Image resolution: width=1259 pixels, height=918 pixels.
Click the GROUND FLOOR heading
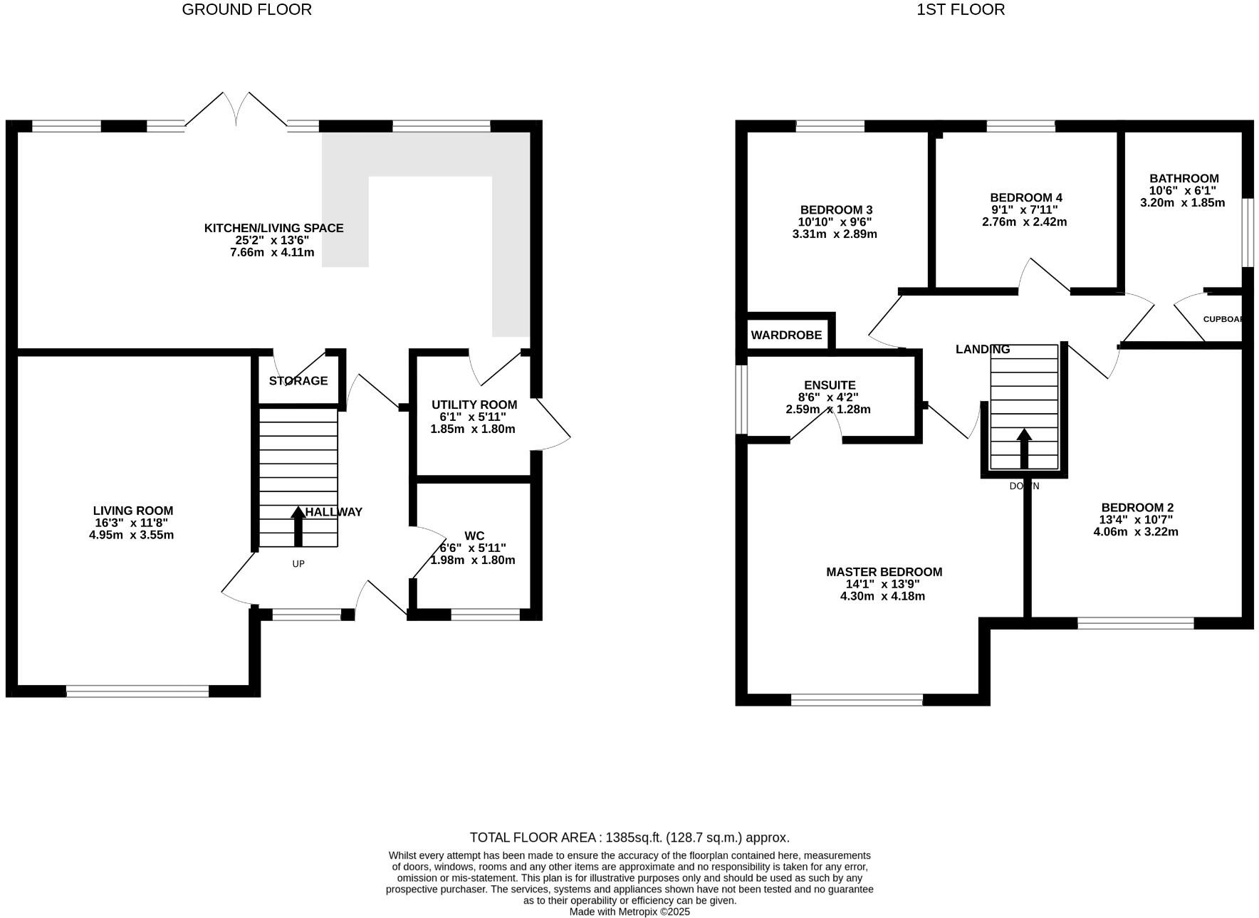click(246, 10)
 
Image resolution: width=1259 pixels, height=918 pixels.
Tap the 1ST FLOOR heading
click(960, 10)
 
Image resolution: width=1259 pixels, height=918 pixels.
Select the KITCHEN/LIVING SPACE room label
click(273, 228)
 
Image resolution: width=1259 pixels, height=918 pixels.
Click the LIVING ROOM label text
click(132, 511)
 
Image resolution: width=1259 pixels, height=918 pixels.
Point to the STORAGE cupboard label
click(298, 381)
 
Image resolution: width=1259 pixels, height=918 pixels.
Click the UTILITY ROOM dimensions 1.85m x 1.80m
click(472, 429)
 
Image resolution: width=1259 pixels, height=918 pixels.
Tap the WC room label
click(474, 536)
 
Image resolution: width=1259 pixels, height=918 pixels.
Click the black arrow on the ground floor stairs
click(298, 526)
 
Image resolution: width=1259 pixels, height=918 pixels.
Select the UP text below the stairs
click(298, 564)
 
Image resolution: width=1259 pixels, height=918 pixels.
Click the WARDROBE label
click(786, 335)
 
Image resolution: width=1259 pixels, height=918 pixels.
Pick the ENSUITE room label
click(830, 385)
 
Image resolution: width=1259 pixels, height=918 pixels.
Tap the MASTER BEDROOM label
click(884, 572)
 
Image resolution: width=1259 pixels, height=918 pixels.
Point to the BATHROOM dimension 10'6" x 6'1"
click(1183, 190)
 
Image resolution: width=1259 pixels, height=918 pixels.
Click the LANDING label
click(982, 349)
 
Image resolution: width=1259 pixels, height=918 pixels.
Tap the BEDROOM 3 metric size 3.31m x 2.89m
click(834, 234)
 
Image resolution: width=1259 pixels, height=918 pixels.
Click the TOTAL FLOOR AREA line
click(629, 838)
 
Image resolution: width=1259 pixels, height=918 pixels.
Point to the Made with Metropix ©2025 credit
click(629, 912)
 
